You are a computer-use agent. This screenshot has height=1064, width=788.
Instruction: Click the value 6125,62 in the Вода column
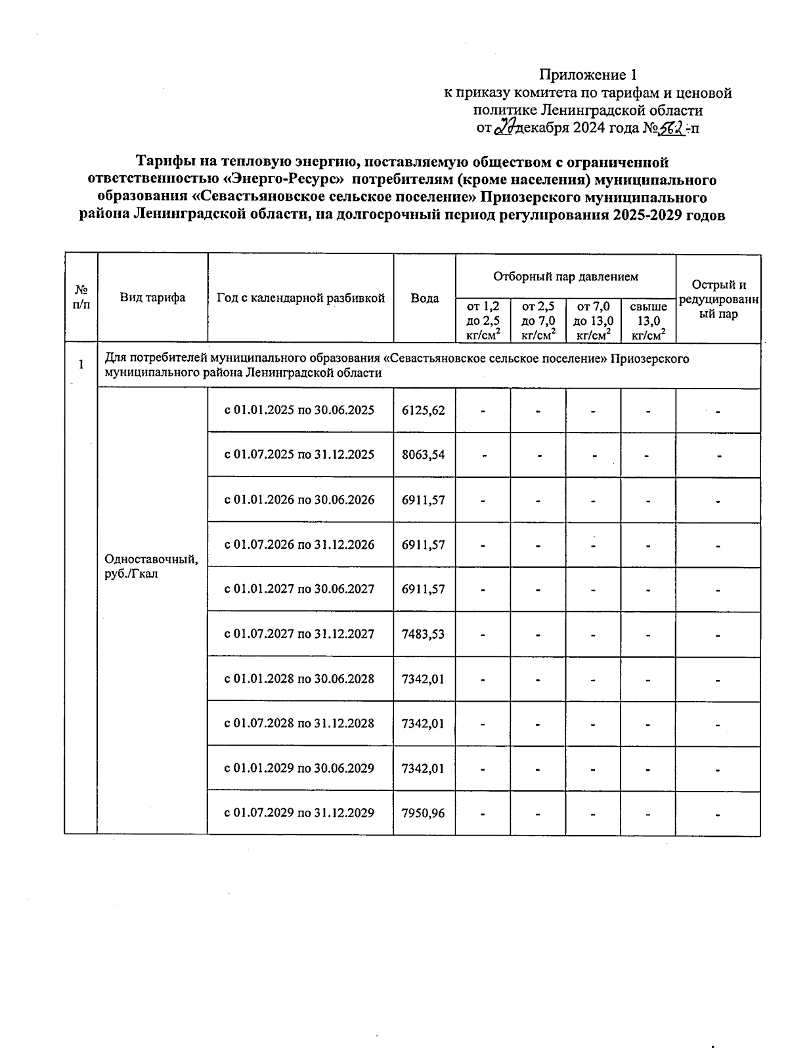click(424, 410)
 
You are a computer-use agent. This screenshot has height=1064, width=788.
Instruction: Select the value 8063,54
click(424, 454)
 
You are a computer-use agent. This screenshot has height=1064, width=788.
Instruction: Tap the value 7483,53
click(424, 634)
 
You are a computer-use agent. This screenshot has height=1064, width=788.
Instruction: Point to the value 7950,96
click(424, 813)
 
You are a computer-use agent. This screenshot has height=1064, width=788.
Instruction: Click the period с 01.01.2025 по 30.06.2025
click(299, 410)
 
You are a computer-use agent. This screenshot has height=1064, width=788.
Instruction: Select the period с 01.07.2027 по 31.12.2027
click(299, 634)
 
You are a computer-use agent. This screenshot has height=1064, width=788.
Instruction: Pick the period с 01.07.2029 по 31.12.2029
click(299, 813)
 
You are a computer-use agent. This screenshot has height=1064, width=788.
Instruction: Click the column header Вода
click(424, 298)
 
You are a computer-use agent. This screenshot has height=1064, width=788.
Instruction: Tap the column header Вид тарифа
click(152, 298)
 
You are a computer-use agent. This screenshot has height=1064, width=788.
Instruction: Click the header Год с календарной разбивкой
click(300, 298)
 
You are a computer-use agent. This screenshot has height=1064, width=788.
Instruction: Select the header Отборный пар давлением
click(565, 276)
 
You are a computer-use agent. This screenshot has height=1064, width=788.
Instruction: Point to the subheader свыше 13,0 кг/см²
click(647, 321)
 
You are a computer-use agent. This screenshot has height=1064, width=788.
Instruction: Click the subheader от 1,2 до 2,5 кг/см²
click(483, 321)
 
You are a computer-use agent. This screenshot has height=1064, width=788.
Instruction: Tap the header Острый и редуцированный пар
click(718, 299)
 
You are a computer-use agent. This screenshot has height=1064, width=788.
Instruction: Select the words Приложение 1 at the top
click(588, 74)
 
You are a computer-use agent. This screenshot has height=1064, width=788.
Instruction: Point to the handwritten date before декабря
click(504, 127)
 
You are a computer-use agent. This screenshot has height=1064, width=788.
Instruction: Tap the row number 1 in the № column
click(81, 364)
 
